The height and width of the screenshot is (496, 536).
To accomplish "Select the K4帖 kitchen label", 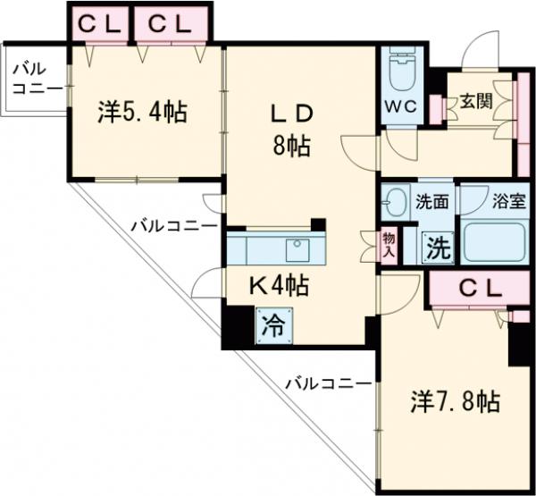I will [278, 285].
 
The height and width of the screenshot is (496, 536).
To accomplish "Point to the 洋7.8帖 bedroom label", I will [455, 402].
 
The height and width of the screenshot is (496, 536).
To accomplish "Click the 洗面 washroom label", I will [432, 201].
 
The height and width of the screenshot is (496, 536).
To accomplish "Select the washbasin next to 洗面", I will [394, 203].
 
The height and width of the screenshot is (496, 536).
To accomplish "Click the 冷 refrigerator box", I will [272, 324].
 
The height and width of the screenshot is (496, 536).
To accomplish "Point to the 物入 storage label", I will [389, 243].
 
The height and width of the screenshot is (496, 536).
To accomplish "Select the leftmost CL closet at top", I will [99, 24].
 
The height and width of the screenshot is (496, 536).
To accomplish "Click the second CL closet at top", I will [172, 24].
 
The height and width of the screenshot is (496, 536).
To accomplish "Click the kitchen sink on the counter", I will [296, 248].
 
